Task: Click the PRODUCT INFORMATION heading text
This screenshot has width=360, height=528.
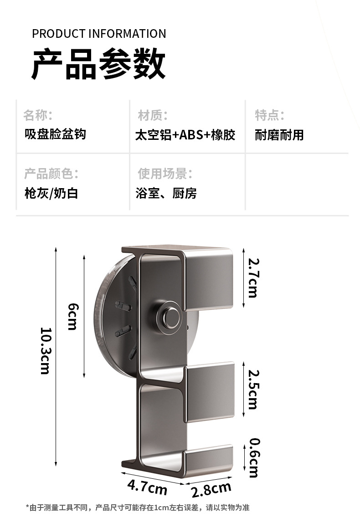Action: [99, 34]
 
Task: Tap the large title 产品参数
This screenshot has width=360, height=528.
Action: [98, 65]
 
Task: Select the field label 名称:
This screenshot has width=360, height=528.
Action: [38, 115]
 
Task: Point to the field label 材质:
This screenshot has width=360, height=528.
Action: [153, 115]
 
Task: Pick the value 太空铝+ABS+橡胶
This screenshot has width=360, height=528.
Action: [185, 135]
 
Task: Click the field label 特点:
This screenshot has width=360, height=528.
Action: [270, 115]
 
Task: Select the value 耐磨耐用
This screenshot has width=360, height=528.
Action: [279, 135]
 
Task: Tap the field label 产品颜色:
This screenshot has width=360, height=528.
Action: [51, 174]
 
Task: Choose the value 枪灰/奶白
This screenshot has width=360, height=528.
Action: [51, 193]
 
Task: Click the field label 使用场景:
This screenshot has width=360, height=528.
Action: [165, 174]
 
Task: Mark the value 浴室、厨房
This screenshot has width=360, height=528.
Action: [166, 193]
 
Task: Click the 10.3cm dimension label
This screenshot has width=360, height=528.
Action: [45, 351]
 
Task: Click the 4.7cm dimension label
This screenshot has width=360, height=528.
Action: [147, 487]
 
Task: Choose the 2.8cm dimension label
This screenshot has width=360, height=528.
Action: [211, 490]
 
